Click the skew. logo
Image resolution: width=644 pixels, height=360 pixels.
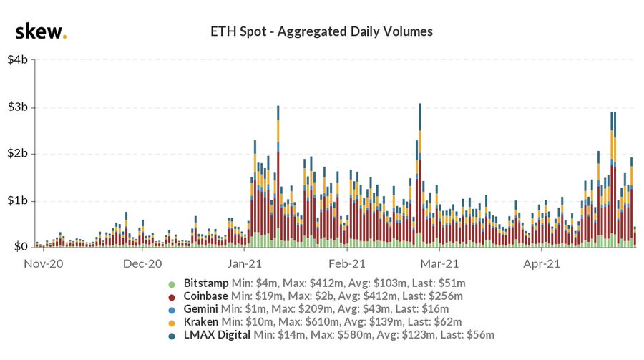[x=41, y=32]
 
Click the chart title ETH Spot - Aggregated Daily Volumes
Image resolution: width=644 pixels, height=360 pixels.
[x=321, y=31]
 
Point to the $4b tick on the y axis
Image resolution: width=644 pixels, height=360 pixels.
[x=18, y=60]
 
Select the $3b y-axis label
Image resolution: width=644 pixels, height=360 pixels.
[x=18, y=107]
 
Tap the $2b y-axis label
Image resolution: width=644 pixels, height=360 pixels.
[x=18, y=154]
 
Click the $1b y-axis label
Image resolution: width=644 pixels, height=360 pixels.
[x=18, y=200]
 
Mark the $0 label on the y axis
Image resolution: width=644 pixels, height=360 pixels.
[x=21, y=247]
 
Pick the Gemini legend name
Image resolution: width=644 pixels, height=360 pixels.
[x=201, y=309]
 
